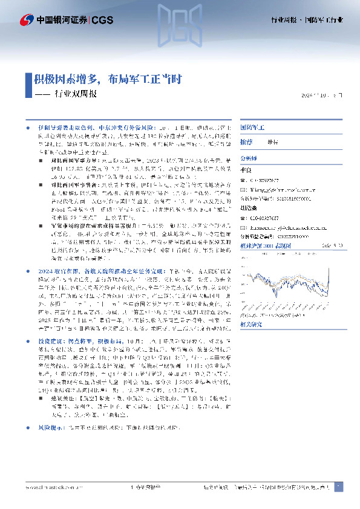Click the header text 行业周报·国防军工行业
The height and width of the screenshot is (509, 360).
tap(306, 21)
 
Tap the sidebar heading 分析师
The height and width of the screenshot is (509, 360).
tap(249, 155)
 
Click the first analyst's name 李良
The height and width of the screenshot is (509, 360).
tap(245, 171)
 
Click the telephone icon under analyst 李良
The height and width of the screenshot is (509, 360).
tap(243, 180)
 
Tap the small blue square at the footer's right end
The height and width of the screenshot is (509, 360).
tap(338, 487)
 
